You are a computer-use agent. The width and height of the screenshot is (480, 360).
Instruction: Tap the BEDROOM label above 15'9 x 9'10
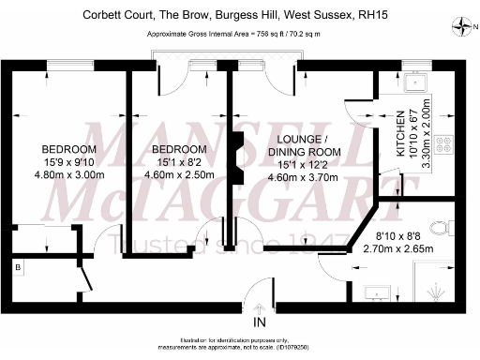coord(69,150)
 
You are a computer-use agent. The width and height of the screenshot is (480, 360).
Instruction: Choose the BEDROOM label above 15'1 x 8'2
coord(178,150)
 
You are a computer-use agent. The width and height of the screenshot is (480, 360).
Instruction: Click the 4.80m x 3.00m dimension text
coord(69,174)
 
